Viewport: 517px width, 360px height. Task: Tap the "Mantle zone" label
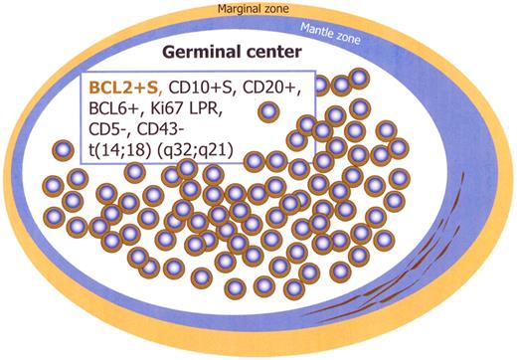coord(385,32)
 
